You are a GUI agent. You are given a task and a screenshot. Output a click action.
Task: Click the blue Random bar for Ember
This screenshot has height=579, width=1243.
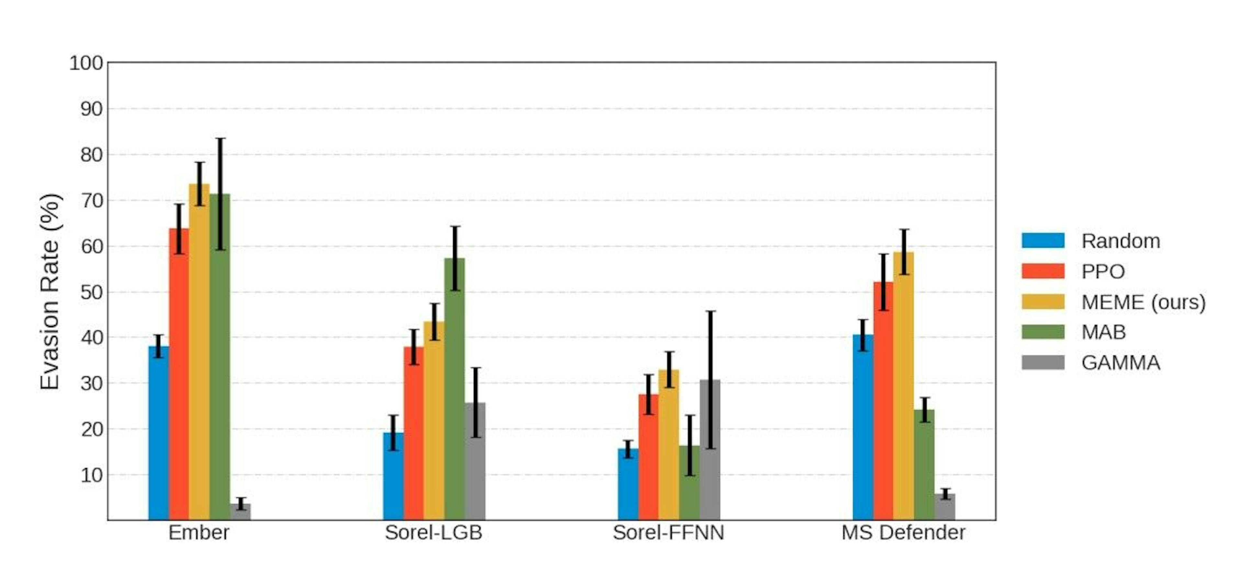pos(158,434)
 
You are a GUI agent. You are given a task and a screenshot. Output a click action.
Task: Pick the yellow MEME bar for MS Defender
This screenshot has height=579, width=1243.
pos(903,386)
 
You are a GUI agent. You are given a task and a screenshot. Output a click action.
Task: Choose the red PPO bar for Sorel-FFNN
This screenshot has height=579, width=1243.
pos(648,458)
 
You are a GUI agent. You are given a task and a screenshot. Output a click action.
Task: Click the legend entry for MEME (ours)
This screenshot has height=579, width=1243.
pos(1143,302)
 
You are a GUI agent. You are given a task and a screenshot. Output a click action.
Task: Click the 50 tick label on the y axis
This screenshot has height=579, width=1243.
pos(92,292)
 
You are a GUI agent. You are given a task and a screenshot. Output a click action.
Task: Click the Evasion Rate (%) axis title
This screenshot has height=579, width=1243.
pos(50,292)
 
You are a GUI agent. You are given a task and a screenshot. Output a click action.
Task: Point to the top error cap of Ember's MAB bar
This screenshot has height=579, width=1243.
pos(220,139)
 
